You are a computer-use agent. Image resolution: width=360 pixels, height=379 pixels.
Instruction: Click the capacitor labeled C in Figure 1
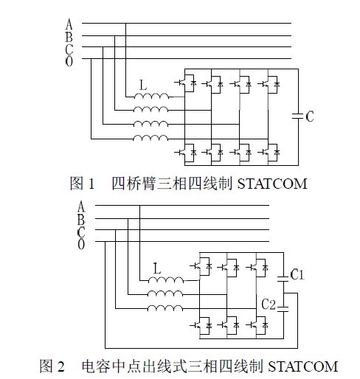(x=298, y=117)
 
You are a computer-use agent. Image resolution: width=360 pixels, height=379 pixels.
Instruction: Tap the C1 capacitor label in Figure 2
(x=297, y=274)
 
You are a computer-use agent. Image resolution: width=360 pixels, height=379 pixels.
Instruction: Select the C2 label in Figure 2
(x=269, y=305)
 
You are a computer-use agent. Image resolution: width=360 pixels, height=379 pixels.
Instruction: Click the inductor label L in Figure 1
(x=143, y=85)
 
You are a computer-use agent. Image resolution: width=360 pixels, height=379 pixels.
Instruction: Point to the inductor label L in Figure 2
(x=157, y=268)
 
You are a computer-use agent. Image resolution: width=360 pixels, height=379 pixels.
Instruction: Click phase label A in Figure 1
(x=69, y=24)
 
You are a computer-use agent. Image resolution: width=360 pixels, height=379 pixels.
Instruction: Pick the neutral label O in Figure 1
(x=69, y=61)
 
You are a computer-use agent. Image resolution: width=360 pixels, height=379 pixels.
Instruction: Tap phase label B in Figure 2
(x=81, y=220)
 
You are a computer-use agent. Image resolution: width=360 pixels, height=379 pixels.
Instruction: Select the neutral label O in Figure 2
(x=81, y=244)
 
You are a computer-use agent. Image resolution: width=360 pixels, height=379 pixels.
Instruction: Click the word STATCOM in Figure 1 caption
(x=272, y=184)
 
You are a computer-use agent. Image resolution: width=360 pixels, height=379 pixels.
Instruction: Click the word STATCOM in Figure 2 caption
(x=302, y=366)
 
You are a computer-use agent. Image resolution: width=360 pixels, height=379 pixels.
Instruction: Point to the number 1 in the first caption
(x=91, y=184)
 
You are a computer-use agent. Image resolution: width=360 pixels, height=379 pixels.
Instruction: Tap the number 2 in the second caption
(x=60, y=366)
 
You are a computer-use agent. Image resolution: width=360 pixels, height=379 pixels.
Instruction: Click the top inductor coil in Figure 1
(x=152, y=96)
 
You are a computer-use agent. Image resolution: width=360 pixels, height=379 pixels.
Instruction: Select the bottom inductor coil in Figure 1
(x=150, y=138)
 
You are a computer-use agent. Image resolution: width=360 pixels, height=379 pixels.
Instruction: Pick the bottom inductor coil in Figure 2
(x=165, y=307)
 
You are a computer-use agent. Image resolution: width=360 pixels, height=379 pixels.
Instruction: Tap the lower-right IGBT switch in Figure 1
(x=269, y=153)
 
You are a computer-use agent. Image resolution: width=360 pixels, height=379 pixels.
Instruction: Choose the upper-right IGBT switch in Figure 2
(x=257, y=267)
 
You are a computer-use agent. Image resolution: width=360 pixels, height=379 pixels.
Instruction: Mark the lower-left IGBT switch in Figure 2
(x=201, y=325)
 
